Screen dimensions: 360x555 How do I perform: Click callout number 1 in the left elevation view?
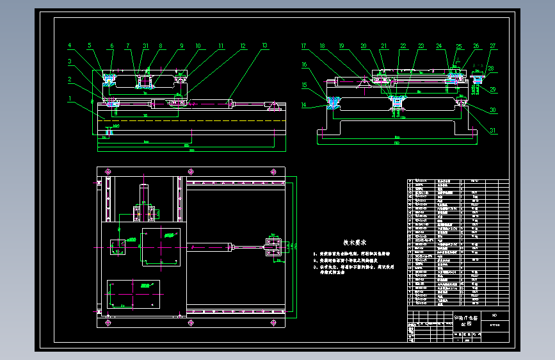tap(69, 97)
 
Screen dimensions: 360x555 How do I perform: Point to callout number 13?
tap(264, 46)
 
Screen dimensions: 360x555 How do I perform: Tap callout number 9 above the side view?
tap(181, 46)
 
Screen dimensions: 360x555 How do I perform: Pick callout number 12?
tap(243, 46)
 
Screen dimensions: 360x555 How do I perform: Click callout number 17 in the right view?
tap(304, 46)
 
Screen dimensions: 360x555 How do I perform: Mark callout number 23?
tap(421, 46)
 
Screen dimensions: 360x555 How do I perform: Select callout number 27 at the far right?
tap(492, 46)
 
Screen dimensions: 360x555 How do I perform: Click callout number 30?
tap(492, 110)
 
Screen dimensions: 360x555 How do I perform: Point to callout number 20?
tap(364, 46)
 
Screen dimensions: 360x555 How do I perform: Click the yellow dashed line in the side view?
tap(192, 120)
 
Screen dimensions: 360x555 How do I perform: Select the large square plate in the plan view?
tap(161, 245)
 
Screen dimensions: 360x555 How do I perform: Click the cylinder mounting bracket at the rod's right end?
tap(273, 246)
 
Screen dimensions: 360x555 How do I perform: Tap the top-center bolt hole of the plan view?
tap(190, 171)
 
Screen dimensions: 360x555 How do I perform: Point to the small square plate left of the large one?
tap(118, 245)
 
